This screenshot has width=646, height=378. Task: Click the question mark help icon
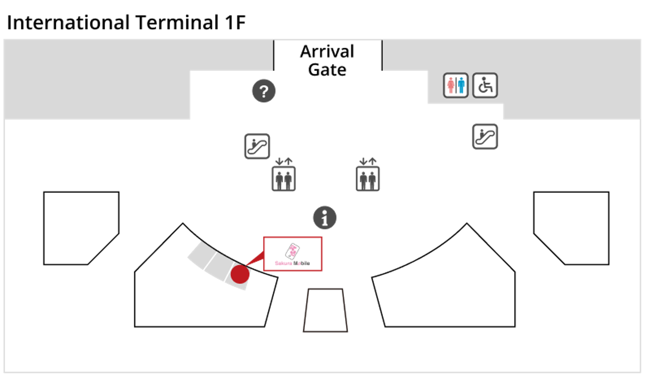click(x=264, y=91)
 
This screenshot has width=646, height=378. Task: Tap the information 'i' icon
click(x=325, y=218)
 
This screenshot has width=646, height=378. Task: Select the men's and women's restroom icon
click(x=456, y=85)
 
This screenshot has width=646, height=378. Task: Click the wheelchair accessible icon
click(x=485, y=85)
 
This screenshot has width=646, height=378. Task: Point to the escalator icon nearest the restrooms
click(x=485, y=136)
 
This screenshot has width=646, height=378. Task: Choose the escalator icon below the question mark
click(x=257, y=146)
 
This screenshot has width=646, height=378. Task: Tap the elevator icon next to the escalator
click(x=284, y=175)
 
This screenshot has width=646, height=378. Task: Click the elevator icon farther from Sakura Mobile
click(x=368, y=175)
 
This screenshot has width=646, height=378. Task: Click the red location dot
click(x=240, y=274)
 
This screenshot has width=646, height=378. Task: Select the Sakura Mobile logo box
click(x=293, y=254)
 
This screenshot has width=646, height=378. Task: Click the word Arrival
click(x=327, y=51)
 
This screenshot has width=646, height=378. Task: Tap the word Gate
click(x=327, y=70)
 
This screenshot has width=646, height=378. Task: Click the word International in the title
click(x=68, y=22)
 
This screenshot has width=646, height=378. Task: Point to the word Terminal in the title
click(x=177, y=22)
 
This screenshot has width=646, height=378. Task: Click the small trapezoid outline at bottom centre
click(x=325, y=289)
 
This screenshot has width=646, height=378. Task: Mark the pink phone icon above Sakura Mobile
click(x=292, y=251)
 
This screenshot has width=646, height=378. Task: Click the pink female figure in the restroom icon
click(x=451, y=85)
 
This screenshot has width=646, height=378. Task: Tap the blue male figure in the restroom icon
click(x=461, y=85)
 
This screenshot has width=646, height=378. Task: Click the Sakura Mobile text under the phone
click(x=292, y=263)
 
